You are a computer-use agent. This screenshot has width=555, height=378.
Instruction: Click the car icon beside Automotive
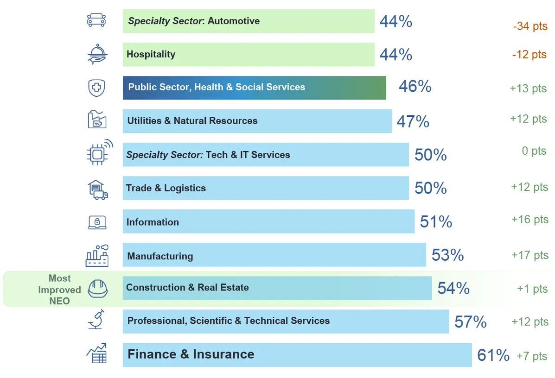(x=96, y=20)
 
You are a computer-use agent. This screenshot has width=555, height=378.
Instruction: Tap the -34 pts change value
(x=530, y=26)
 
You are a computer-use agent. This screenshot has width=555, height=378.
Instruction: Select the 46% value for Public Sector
(x=415, y=87)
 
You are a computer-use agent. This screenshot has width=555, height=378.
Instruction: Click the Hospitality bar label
(x=151, y=54)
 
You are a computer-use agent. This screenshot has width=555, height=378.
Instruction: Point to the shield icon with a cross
(x=96, y=88)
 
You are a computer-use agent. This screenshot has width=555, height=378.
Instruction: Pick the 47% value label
(x=413, y=121)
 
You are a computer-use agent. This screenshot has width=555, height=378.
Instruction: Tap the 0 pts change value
(x=534, y=151)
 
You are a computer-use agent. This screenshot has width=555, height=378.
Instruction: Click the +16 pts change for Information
(x=529, y=220)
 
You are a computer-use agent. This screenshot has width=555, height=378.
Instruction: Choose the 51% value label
(x=436, y=222)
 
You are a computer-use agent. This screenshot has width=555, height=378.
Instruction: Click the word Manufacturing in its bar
(x=160, y=256)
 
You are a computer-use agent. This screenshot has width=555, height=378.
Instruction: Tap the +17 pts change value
(x=529, y=255)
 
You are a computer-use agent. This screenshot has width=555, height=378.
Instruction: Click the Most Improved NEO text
(x=59, y=290)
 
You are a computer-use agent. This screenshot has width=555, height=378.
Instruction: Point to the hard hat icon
(x=98, y=289)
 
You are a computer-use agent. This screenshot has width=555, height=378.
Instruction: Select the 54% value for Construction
(x=453, y=289)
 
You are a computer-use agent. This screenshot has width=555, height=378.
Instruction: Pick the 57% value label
(x=470, y=322)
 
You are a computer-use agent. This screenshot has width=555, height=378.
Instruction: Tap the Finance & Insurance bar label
(x=191, y=354)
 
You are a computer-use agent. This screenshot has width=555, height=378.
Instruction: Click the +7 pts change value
(x=532, y=356)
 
